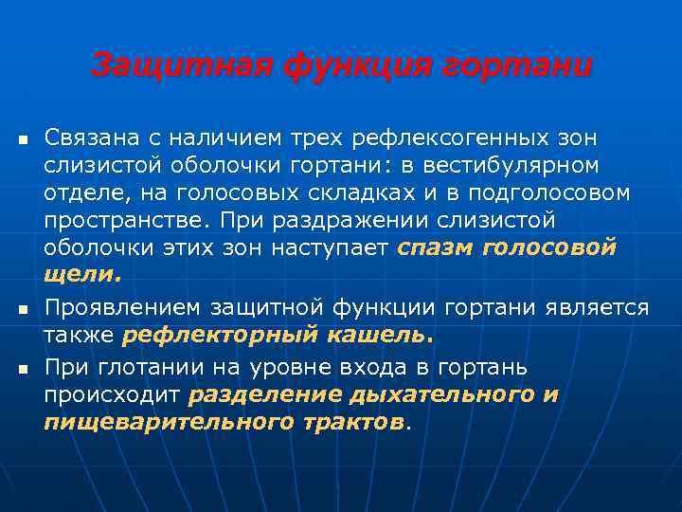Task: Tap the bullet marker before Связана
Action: click(20, 140)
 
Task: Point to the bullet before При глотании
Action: click(20, 367)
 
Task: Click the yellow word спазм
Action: click(436, 248)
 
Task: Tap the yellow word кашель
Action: click(383, 335)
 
